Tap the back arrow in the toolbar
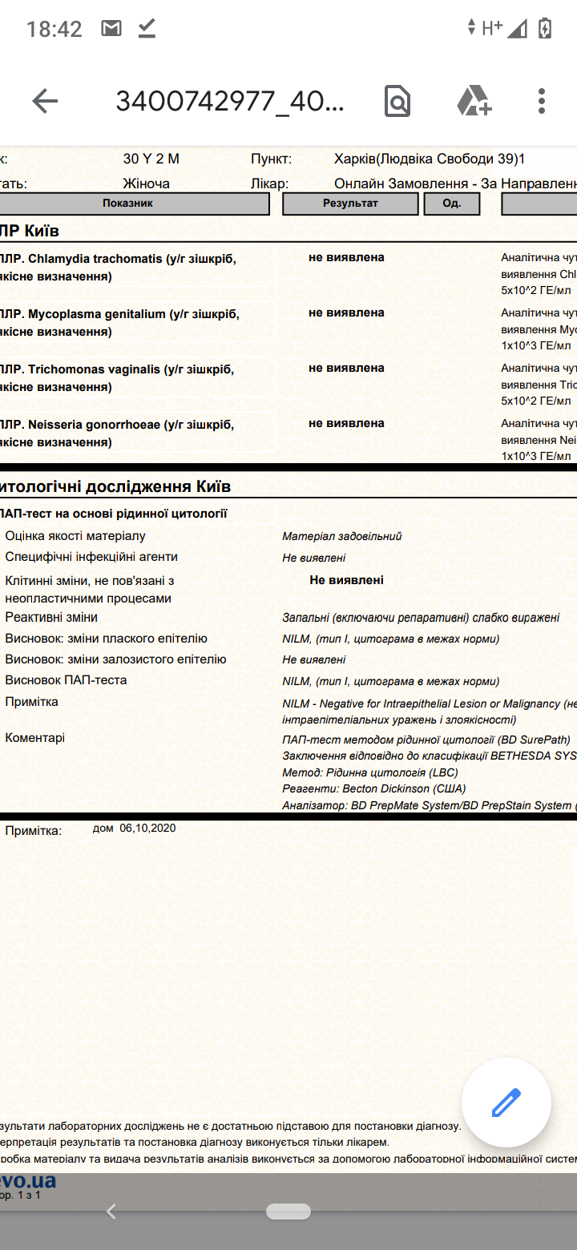[45, 101]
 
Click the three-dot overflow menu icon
[542, 101]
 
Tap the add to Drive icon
[474, 101]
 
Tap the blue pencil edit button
[506, 1103]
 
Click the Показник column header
[128, 204]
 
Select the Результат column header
[350, 204]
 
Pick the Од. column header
[451, 204]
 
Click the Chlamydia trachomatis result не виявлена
[346, 257]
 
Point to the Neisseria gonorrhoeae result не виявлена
[346, 423]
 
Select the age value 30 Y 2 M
[151, 159]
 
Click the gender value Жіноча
[146, 183]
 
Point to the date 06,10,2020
[147, 828]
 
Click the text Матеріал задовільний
[342, 536]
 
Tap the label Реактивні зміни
[51, 618]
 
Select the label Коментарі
[35, 738]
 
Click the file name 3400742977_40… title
[230, 101]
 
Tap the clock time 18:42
[54, 30]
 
